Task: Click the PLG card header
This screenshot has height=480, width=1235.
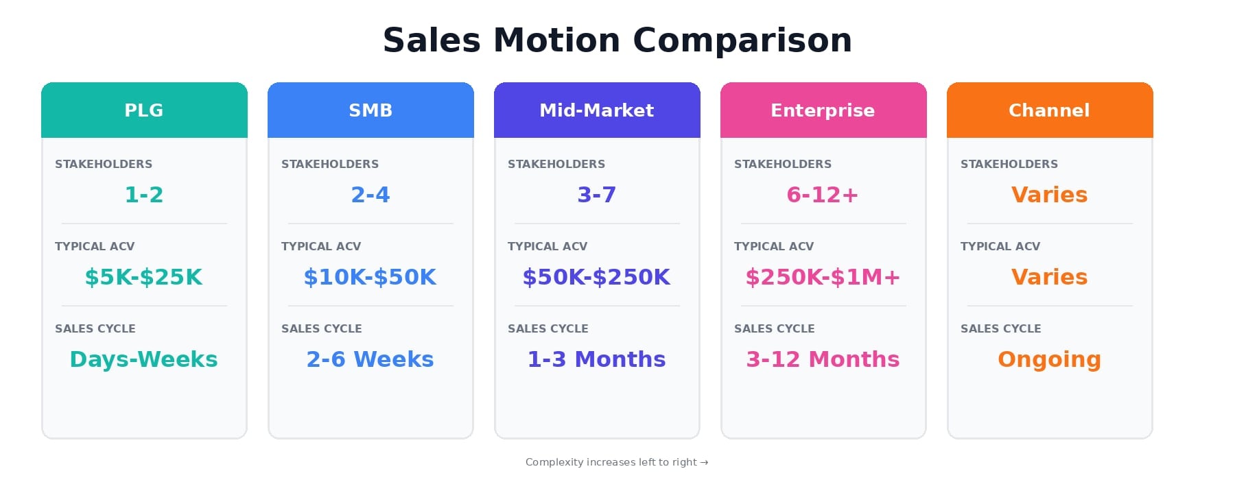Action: [144, 110]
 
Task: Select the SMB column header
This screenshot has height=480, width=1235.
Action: [370, 110]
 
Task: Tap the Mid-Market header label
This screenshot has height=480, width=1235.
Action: [597, 110]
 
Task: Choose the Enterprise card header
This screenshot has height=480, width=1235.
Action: [823, 110]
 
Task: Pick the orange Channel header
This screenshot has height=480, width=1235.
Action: [1050, 110]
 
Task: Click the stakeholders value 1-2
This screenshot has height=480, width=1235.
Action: [144, 195]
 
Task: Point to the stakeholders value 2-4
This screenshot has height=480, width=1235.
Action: [370, 195]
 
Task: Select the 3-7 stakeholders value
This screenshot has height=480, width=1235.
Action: [597, 195]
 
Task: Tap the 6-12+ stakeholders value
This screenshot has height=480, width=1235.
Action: [823, 195]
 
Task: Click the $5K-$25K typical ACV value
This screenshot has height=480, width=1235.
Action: [143, 277]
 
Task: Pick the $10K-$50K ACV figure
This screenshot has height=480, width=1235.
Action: [370, 277]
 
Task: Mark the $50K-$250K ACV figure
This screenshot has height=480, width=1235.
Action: [596, 277]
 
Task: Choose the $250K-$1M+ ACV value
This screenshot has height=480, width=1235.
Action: [823, 277]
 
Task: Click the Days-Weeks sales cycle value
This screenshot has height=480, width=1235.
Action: [143, 359]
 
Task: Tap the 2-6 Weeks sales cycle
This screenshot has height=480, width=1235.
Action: [370, 359]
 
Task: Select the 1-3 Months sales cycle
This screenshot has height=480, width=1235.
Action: [596, 359]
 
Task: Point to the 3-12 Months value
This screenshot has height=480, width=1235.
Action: [823, 359]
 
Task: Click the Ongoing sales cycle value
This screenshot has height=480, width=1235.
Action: [1049, 360]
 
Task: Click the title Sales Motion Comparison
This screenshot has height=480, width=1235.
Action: [617, 40]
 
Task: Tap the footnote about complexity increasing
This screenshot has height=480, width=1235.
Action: [617, 462]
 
